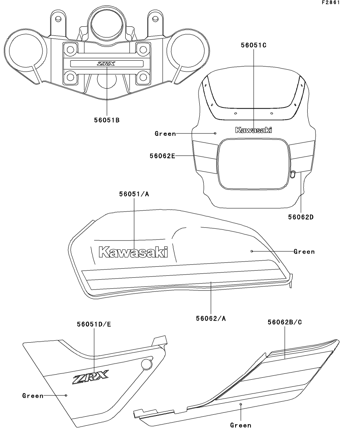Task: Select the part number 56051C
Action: point(254,45)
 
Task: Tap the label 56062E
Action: point(162,156)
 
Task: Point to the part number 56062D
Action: point(301,216)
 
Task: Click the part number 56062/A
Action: point(211,318)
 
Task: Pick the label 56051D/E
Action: point(94,324)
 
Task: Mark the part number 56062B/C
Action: point(285,322)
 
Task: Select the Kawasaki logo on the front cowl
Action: point(253,130)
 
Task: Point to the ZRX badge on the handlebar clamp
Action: point(107,64)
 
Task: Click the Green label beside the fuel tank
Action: point(304,252)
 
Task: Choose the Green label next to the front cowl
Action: point(165,134)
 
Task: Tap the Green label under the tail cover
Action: point(240,425)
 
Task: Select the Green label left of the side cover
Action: point(33,396)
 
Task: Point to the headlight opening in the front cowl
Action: point(253,163)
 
